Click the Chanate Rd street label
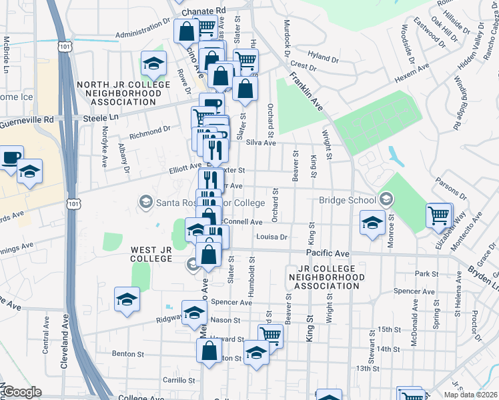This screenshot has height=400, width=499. [207, 11]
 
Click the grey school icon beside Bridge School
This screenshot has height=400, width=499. [385, 199]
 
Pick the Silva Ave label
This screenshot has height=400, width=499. [261, 143]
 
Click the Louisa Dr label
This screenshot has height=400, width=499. [272, 237]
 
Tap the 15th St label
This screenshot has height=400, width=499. [388, 329]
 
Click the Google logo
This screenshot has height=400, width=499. [22, 392]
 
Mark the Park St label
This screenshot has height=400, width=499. [425, 274]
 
